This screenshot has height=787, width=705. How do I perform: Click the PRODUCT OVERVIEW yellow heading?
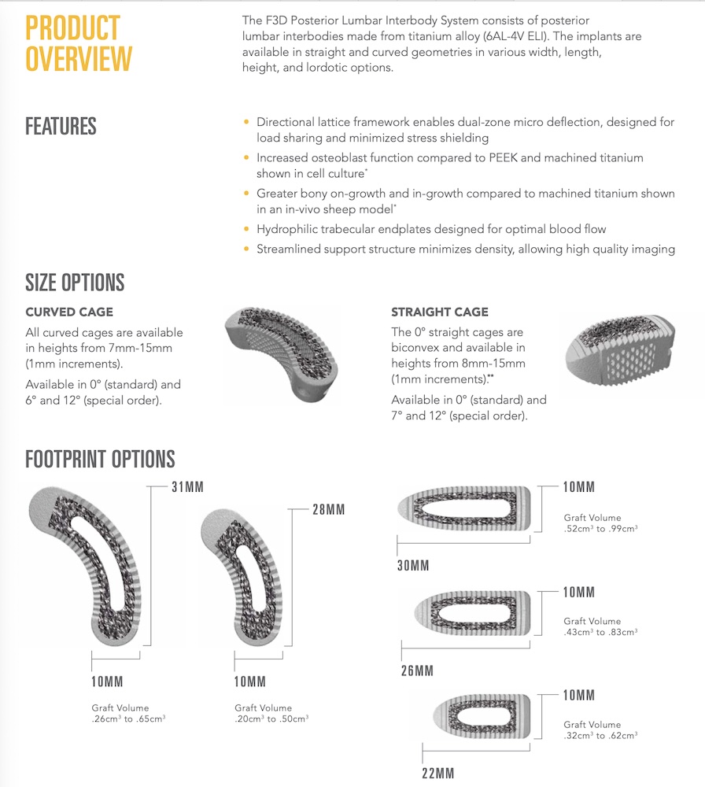[x=79, y=43]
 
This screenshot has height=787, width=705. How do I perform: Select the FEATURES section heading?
[x=61, y=126]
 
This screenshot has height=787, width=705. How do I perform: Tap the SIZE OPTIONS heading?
[x=75, y=282]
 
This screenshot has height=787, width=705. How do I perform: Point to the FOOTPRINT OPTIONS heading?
[x=100, y=459]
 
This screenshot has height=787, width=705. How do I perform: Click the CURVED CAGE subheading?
[x=69, y=312]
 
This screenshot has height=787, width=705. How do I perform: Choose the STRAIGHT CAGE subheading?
[x=440, y=312]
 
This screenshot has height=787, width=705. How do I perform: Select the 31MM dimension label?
[x=187, y=487]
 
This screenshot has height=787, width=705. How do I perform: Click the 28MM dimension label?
[x=328, y=510]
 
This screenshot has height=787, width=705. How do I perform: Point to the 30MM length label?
[x=413, y=566]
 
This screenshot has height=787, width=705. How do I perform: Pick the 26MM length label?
[x=418, y=671]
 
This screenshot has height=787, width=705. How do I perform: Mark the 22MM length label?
[x=438, y=773]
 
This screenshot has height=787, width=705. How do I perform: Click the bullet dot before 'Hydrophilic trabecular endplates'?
[x=246, y=229]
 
